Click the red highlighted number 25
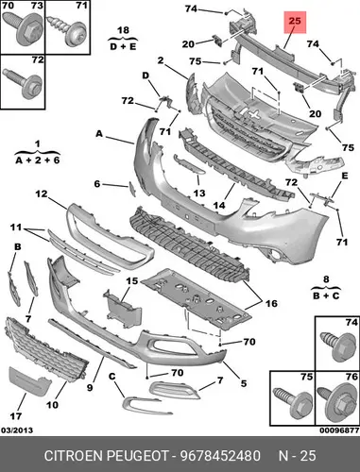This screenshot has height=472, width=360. coord(295,22)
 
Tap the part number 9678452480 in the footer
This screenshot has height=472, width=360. coord(220,456)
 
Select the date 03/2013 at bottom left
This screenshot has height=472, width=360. coord(17,430)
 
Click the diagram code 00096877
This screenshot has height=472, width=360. coord(339,430)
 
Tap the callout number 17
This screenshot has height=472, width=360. coord(16,416)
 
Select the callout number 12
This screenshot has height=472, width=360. coord(41,194)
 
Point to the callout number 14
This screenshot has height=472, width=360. coord(219,205)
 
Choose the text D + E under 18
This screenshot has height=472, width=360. coord(123,46)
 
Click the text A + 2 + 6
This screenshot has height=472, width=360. coord(38,160)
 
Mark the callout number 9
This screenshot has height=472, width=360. coord(90,388)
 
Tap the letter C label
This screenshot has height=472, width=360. coord(112,376)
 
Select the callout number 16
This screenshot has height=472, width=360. coord(271,303)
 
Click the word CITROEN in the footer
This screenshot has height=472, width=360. coord(74,456)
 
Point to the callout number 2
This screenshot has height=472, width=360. coord(161,60)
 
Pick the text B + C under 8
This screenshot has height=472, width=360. coord(326,295)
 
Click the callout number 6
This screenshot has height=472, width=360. coord(97,184)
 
